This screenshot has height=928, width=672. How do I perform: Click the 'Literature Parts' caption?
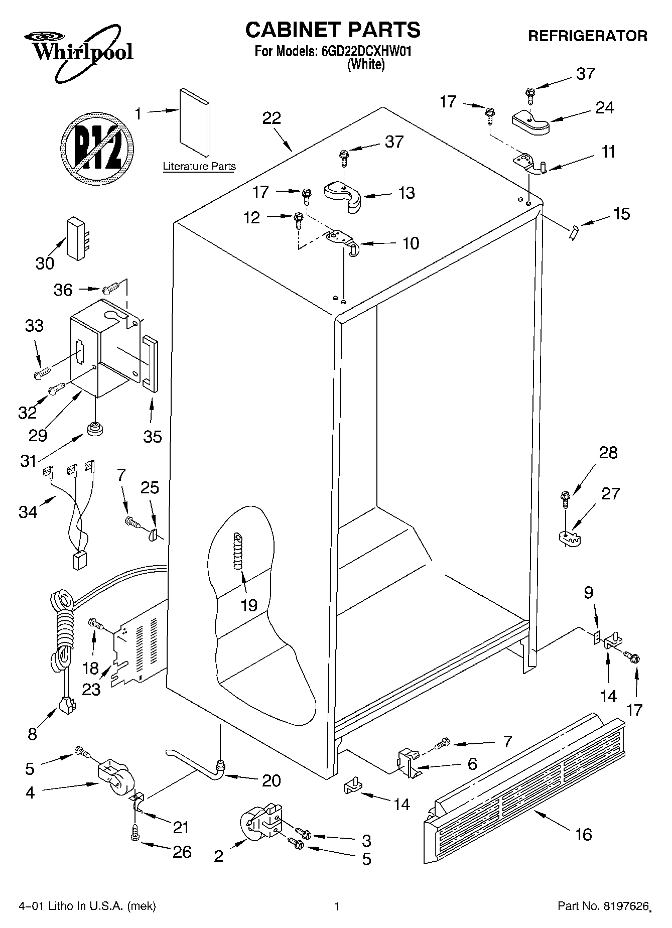199,167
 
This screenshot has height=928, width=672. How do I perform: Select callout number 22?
272,118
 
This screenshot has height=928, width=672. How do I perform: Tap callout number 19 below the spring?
248,605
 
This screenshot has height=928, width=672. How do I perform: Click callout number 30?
45,263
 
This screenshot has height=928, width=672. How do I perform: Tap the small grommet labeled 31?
94,430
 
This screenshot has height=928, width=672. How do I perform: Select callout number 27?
610,493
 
